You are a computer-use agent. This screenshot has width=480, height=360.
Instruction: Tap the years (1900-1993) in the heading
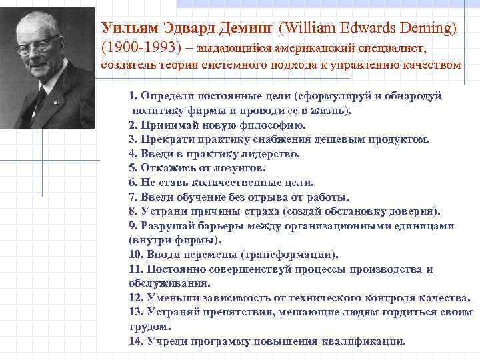pyautogui.click(x=137, y=48)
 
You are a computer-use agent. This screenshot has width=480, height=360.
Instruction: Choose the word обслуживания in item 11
pyautogui.click(x=160, y=283)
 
